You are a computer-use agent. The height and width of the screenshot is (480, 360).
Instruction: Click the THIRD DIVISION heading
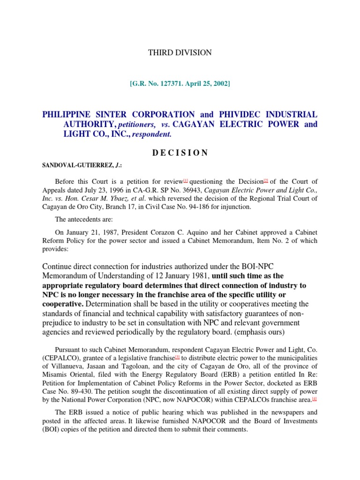(180, 52)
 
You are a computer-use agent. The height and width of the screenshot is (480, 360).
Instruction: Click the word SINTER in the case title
(104, 114)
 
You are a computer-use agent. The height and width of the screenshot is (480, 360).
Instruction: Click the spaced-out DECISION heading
(180, 153)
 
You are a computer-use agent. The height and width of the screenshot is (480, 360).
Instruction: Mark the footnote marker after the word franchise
(177, 356)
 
